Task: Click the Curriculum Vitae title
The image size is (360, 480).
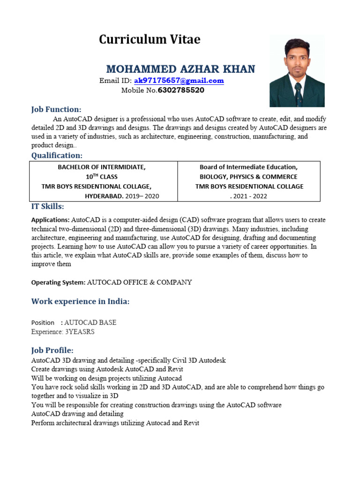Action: click(150, 40)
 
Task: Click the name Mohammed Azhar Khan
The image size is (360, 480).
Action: click(180, 69)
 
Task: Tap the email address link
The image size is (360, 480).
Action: click(172, 81)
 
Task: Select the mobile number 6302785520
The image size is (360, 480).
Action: click(181, 90)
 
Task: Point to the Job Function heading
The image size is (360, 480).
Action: click(56, 109)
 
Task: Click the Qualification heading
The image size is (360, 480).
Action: click(57, 155)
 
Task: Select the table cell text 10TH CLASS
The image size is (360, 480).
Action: click(101, 177)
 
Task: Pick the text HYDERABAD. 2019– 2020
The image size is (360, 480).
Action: click(122, 196)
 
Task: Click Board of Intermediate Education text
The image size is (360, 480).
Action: click(248, 167)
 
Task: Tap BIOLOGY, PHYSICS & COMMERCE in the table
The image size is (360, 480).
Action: click(248, 177)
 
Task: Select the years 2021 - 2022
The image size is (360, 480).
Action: click(249, 196)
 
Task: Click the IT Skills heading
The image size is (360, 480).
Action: click(48, 207)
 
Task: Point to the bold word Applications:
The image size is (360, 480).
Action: click(51, 220)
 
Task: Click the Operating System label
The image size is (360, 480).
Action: click(58, 282)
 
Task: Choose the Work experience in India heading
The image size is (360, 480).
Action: click(80, 301)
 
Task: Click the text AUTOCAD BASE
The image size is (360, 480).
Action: click(90, 322)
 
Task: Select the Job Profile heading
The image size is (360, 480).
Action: click(52, 350)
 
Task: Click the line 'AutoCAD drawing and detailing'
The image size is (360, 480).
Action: click(77, 414)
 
